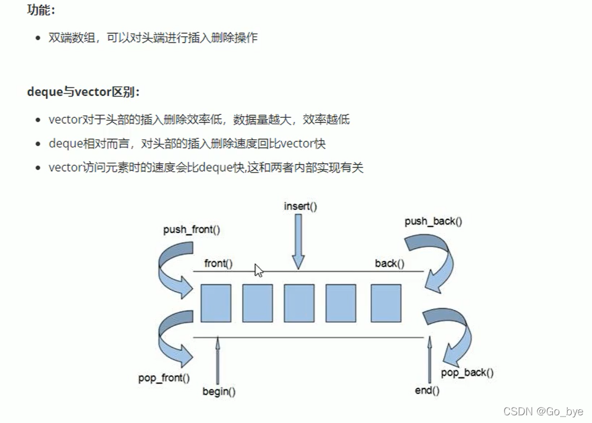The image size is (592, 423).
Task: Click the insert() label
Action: click(x=300, y=206)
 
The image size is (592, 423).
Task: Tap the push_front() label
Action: click(x=192, y=230)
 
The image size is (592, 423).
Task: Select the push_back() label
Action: click(x=434, y=221)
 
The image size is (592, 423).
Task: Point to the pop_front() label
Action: click(x=164, y=378)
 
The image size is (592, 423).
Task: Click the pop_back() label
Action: click(x=467, y=372)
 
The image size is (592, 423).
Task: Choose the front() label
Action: click(x=218, y=263)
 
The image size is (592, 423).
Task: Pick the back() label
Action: click(x=390, y=263)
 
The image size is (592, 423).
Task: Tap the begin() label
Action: click(x=219, y=391)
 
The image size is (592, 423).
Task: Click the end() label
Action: click(x=427, y=390)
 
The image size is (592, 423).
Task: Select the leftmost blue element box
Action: click(x=215, y=303)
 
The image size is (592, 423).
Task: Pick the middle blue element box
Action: click(x=299, y=303)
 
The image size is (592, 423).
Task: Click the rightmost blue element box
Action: click(x=386, y=303)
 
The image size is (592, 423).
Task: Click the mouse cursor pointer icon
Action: click(x=258, y=270)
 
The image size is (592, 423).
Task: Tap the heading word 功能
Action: click(x=40, y=10)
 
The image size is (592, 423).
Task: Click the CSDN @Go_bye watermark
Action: click(x=542, y=411)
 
